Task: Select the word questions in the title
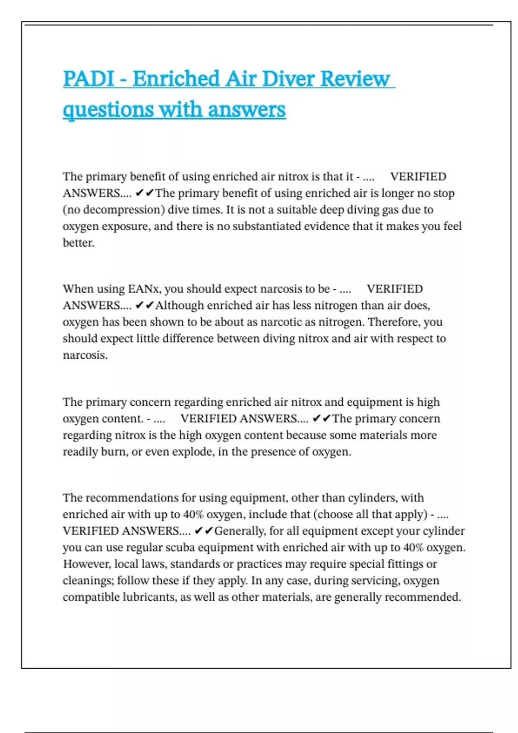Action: [x=108, y=110]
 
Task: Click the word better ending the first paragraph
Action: [x=78, y=243]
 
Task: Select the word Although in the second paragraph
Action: [x=179, y=306]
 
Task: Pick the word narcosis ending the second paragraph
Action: [x=84, y=355]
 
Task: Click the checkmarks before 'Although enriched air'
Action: [x=144, y=306]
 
